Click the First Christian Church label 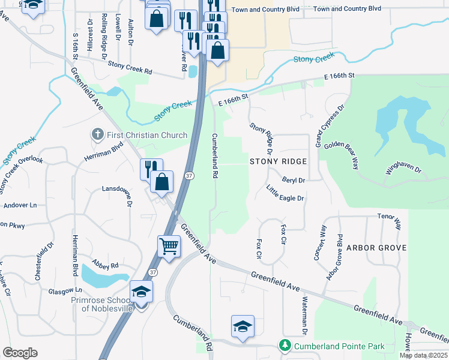(147, 135)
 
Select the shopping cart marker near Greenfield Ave (169, 246)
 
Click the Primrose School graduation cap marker (141, 292)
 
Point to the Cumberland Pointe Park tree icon (285, 346)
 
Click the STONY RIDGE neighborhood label (279, 161)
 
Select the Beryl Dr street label (294, 179)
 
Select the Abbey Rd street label (106, 265)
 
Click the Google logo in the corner (20, 353)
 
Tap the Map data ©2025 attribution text (423, 355)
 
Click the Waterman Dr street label (304, 316)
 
